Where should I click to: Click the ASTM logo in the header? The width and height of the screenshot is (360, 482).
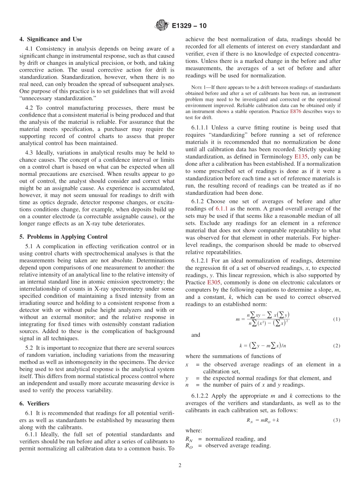(x=161, y=26)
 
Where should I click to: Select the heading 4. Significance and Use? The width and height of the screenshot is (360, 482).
(x=51, y=39)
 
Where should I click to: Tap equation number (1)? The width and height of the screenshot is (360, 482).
(x=337, y=319)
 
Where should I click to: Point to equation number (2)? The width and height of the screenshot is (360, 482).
(x=337, y=346)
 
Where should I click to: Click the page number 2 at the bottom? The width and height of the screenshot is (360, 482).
(x=180, y=466)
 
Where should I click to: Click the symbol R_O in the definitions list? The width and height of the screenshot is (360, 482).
(x=189, y=446)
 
